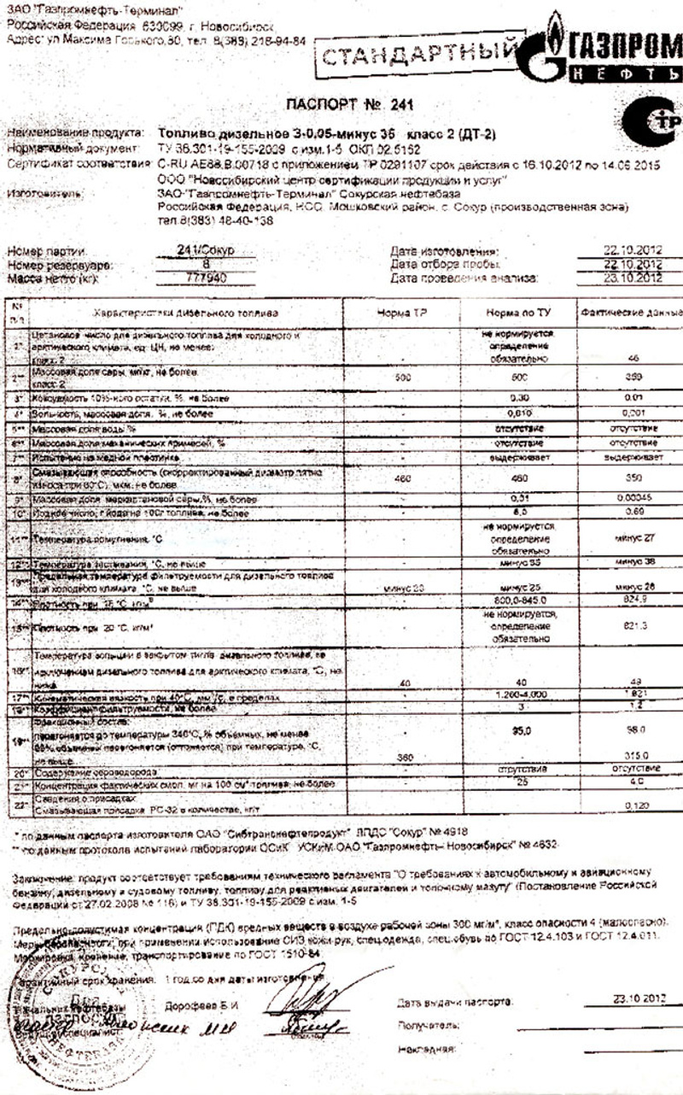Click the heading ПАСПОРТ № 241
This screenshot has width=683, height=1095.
coord(348,106)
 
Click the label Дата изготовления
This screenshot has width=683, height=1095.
coord(444,251)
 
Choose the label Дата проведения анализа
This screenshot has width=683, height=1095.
coord(464,278)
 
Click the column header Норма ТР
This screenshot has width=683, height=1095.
coord(402,313)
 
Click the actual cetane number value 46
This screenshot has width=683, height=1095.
coord(633,360)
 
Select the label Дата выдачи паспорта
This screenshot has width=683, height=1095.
coord(454,999)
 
